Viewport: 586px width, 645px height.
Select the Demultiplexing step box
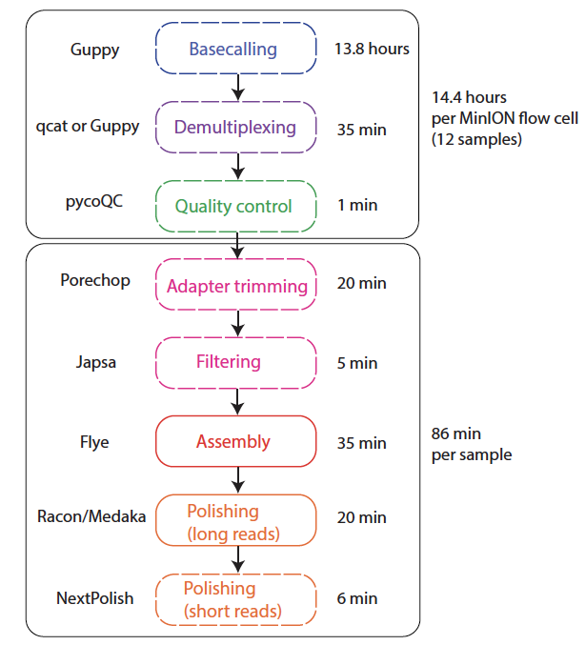click(x=235, y=127)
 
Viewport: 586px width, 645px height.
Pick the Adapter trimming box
click(x=235, y=284)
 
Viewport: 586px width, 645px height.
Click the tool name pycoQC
click(x=94, y=202)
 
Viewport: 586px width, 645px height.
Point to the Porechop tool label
click(x=95, y=280)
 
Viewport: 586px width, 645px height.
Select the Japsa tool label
click(x=96, y=363)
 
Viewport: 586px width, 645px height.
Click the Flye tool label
click(x=94, y=443)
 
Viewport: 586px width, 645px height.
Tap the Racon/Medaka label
click(x=91, y=516)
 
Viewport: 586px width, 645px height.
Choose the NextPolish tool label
click(x=94, y=598)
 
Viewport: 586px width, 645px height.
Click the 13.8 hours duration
click(x=372, y=49)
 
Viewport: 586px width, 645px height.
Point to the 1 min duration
click(x=357, y=205)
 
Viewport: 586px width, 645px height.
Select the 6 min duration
click(x=357, y=598)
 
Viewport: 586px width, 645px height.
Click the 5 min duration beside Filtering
click(x=357, y=363)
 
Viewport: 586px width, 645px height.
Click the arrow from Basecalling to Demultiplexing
click(x=238, y=88)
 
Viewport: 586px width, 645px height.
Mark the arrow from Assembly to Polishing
click(x=238, y=480)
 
